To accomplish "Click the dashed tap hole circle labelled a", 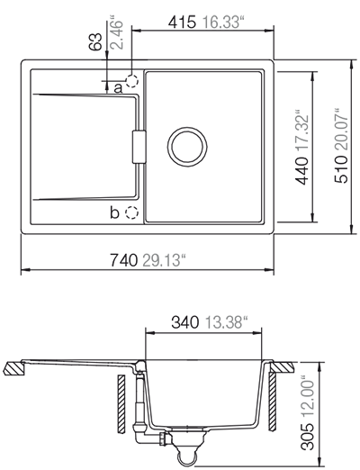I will coord(132,81).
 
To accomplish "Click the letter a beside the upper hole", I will coord(118,87).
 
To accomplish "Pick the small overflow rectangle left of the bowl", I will coord(138,147).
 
